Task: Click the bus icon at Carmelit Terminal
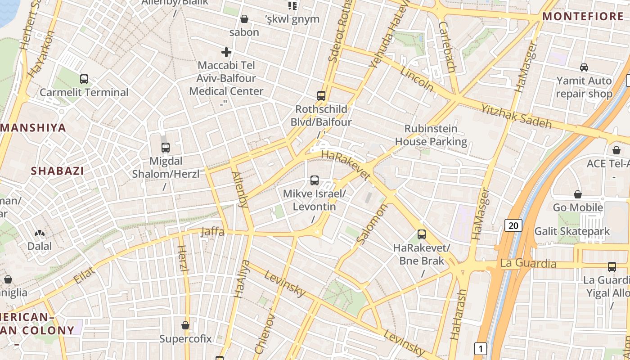[x=84, y=79]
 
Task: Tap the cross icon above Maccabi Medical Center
[x=226, y=52]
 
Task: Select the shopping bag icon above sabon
[x=244, y=19]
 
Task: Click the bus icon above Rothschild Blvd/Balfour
[x=321, y=95]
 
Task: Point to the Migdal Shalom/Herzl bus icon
[x=166, y=147]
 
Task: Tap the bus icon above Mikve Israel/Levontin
[x=315, y=180]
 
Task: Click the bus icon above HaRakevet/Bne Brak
[x=422, y=234]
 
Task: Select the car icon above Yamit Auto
[x=584, y=67]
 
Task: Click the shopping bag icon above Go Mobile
[x=578, y=194]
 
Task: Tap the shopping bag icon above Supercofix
[x=185, y=325]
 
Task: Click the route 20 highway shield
[x=513, y=225]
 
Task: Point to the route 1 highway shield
[x=481, y=348]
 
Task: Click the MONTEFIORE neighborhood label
[x=583, y=17]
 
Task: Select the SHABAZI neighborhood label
[x=58, y=171]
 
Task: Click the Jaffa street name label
[x=212, y=232]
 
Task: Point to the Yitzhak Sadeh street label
[x=516, y=116]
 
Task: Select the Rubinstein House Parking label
[x=431, y=135]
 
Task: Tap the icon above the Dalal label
[x=40, y=234]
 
